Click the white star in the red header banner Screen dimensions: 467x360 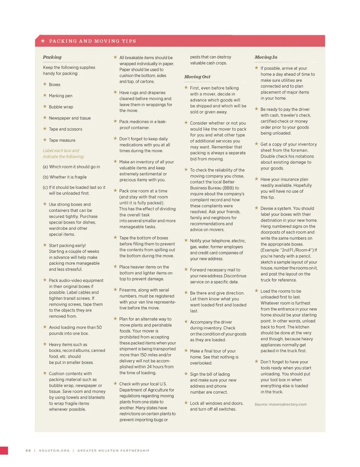(x=43, y=41)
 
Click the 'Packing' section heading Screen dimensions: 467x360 (x=52, y=57)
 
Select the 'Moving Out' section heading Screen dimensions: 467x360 (x=197, y=77)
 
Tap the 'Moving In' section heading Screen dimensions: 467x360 (x=266, y=57)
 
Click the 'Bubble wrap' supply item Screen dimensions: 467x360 (x=61, y=107)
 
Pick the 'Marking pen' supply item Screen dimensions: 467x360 (x=60, y=96)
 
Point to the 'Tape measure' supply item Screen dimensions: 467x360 (x=62, y=140)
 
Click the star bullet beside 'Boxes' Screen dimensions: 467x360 (x=45, y=84)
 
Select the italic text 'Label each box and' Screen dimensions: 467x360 (x=61, y=150)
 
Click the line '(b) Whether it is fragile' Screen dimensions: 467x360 (x=64, y=177)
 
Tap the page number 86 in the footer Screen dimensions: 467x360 (x=28, y=450)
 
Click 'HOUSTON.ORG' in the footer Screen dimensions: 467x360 (x=54, y=450)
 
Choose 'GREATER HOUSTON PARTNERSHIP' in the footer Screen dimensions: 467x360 (x=113, y=450)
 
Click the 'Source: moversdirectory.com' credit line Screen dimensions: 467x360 (x=280, y=404)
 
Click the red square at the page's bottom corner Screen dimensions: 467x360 (x=4, y=450)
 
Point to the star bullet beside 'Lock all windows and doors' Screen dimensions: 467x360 (x=186, y=403)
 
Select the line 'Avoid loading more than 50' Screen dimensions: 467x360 (x=75, y=327)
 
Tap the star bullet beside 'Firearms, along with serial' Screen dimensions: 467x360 (x=115, y=290)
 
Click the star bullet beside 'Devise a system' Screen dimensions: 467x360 (x=256, y=208)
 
